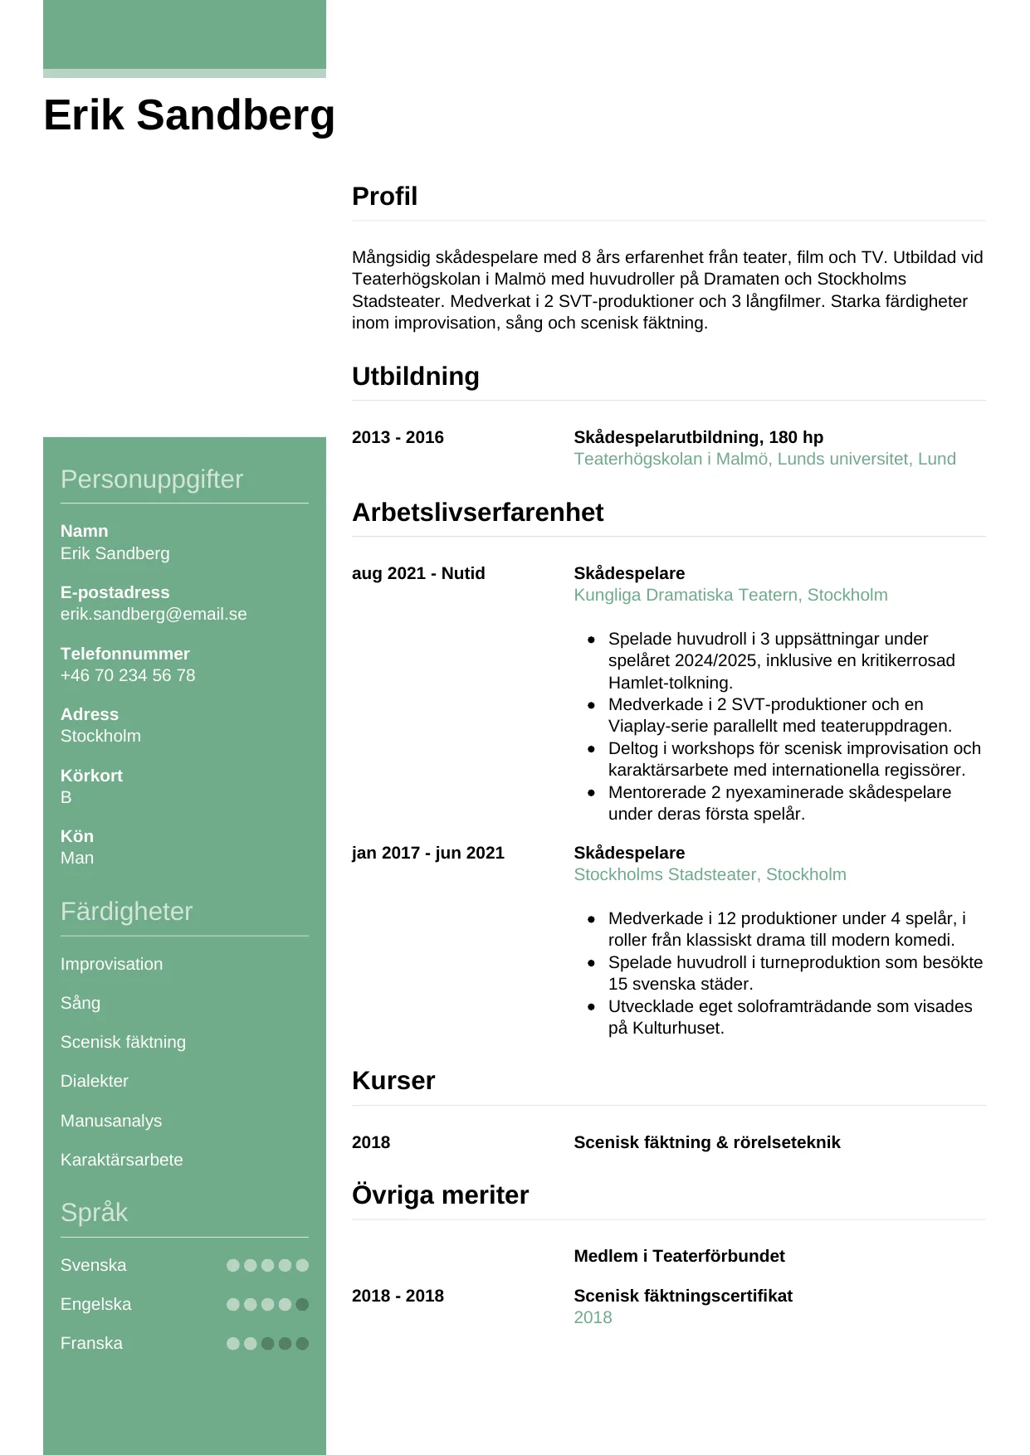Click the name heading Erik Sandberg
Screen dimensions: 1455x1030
(188, 114)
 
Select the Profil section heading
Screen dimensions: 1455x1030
(384, 197)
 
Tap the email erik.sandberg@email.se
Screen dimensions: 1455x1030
(154, 614)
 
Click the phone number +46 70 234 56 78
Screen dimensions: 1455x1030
(128, 675)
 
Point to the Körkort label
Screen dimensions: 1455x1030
(91, 776)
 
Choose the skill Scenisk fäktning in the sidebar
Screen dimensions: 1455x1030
(123, 1042)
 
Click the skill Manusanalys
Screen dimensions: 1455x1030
(111, 1121)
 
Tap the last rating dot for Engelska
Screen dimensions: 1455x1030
(302, 1304)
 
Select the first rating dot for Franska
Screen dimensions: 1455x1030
(233, 1343)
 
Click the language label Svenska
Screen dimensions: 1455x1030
(93, 1265)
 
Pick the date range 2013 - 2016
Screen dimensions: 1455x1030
(398, 437)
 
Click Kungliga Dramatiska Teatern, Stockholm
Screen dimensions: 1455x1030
(730, 595)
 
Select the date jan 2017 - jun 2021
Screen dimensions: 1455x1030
(427, 853)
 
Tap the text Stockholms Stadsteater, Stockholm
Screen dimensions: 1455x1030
(710, 874)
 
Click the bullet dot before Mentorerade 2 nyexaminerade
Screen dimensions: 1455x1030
(591, 792)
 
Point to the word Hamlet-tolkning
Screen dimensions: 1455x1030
(670, 683)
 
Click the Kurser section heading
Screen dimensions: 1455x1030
(393, 1081)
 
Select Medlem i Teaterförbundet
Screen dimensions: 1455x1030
(679, 1256)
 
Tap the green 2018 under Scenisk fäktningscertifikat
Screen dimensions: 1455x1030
(593, 1317)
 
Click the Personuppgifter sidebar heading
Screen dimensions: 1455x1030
(152, 479)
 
